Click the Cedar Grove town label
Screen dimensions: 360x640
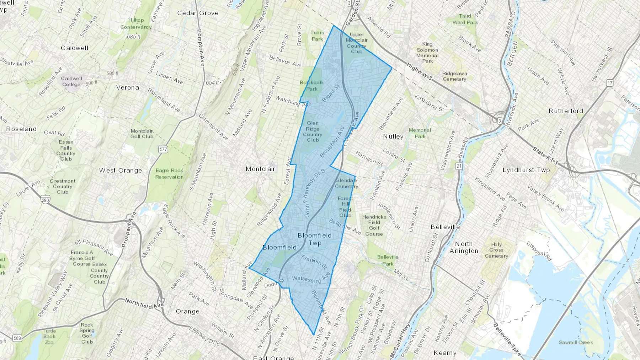pyautogui.click(x=198, y=13)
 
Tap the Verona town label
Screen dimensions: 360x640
pyautogui.click(x=128, y=87)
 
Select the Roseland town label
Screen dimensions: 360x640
pyautogui.click(x=21, y=129)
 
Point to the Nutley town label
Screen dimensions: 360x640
pyautogui.click(x=393, y=136)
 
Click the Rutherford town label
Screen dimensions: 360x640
pyautogui.click(x=566, y=111)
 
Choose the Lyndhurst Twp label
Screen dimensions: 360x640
pyautogui.click(x=526, y=170)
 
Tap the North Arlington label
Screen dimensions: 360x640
pyautogui.click(x=464, y=247)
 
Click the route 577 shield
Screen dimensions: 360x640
pyautogui.click(x=163, y=149)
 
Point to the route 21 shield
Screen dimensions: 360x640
pyautogui.click(x=459, y=166)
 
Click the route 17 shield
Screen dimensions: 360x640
pyautogui.click(x=610, y=83)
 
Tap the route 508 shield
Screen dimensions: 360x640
pyautogui.click(x=17, y=338)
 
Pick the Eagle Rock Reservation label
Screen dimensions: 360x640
pyautogui.click(x=169, y=174)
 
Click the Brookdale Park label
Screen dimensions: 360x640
pyautogui.click(x=311, y=86)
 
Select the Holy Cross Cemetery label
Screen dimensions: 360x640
pyautogui.click(x=496, y=250)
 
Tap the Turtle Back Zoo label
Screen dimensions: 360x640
pyautogui.click(x=49, y=337)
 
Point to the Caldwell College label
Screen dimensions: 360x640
pyautogui.click(x=71, y=81)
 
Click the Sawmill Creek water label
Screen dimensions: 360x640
pyautogui.click(x=576, y=343)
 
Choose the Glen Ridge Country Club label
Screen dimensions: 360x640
pyautogui.click(x=313, y=131)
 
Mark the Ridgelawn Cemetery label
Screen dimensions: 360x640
pyautogui.click(x=454, y=76)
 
